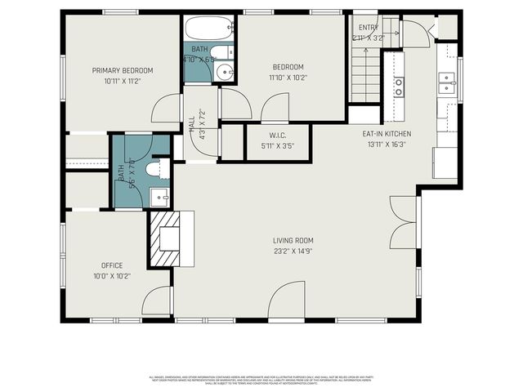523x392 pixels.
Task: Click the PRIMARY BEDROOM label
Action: [x=123, y=70]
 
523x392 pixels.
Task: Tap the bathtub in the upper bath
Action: [x=210, y=29]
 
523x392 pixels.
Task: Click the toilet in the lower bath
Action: [x=154, y=169]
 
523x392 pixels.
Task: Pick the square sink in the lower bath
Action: [x=159, y=197]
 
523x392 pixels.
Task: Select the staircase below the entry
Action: [x=365, y=74]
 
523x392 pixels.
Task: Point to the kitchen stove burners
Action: [x=398, y=87]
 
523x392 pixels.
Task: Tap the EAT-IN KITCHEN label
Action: [x=387, y=133]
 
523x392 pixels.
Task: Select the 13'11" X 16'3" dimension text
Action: [x=387, y=144]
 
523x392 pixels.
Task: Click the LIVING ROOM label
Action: [x=293, y=240]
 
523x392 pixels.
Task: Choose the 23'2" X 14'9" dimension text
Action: [x=293, y=251]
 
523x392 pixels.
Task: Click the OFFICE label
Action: [x=112, y=265]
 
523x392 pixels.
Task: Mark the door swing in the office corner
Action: [x=157, y=301]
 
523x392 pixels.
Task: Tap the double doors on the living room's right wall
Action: [x=404, y=222]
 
